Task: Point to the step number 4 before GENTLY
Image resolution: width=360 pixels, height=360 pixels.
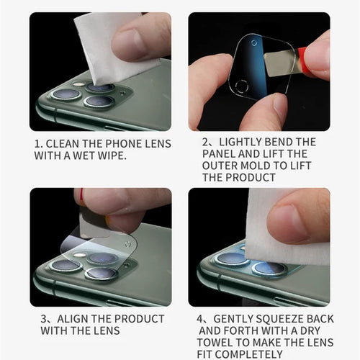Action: [199, 319]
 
